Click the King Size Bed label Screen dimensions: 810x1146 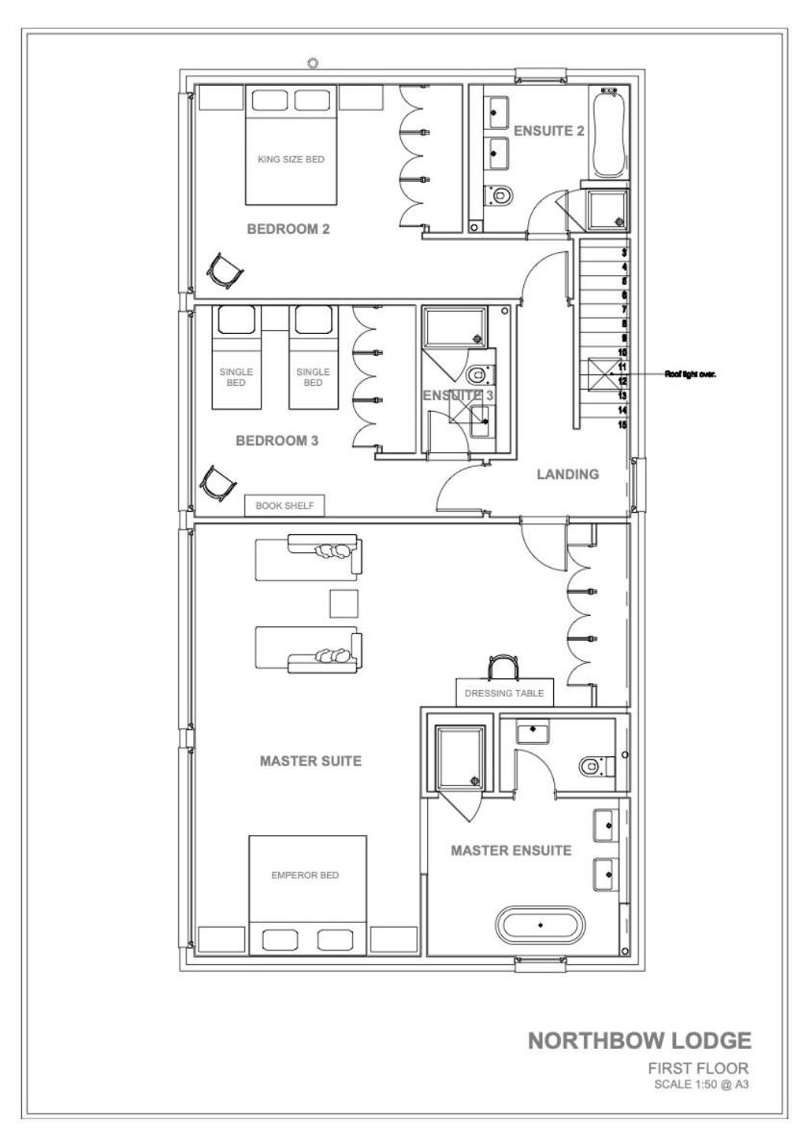tap(291, 160)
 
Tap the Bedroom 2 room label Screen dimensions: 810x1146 tap(288, 229)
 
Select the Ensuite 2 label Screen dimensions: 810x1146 tap(548, 131)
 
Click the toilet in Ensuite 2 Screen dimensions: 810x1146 tap(499, 194)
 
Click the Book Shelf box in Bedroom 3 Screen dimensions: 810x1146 tap(284, 506)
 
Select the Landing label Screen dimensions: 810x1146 tap(568, 474)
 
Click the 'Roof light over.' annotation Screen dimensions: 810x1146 tap(690, 374)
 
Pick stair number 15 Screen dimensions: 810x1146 tap(622, 424)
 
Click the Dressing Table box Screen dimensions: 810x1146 tap(504, 693)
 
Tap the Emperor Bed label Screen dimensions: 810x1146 tap(305, 875)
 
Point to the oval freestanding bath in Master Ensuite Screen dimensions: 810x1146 tap(541, 926)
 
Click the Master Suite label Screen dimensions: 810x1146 tap(311, 761)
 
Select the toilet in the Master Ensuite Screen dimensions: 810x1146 tap(596, 767)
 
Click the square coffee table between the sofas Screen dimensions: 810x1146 tap(344, 603)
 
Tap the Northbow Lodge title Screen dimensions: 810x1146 tap(639, 1040)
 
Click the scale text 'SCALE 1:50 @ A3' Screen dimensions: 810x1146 tap(701, 1084)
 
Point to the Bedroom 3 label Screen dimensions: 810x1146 tap(277, 441)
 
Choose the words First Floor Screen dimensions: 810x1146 tap(698, 1068)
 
